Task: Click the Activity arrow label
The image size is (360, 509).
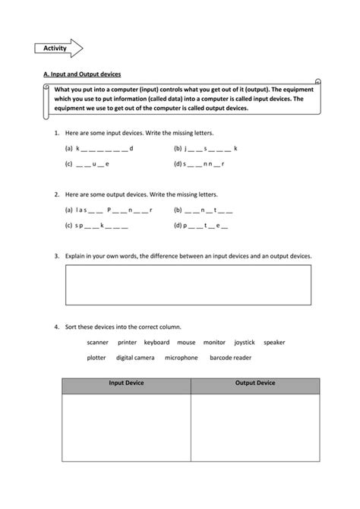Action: coord(55,49)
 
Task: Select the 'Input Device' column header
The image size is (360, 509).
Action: coord(126,384)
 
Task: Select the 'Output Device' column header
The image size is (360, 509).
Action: coord(255,384)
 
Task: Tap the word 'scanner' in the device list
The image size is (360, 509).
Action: coord(98,343)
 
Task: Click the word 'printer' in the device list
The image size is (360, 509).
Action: coord(127,343)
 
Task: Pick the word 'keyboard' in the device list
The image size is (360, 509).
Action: coord(156,343)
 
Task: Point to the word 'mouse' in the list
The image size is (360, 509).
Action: coord(186,343)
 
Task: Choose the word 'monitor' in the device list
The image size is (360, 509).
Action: coord(214,343)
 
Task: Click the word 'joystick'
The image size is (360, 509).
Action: coord(245,343)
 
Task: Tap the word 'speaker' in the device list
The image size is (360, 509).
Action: coord(274,343)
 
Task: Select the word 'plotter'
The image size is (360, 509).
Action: coord(96,358)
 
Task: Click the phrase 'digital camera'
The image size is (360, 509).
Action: coord(135,358)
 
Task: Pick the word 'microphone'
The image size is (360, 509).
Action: coord(181,358)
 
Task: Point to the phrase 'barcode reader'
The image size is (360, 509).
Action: coord(230,358)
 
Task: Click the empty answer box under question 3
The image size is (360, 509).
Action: coord(189,284)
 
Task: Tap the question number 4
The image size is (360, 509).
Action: coord(57,327)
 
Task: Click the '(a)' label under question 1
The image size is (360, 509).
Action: coord(68,149)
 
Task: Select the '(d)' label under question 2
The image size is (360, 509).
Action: coord(177,226)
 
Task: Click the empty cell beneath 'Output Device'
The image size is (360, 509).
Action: coord(255,441)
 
